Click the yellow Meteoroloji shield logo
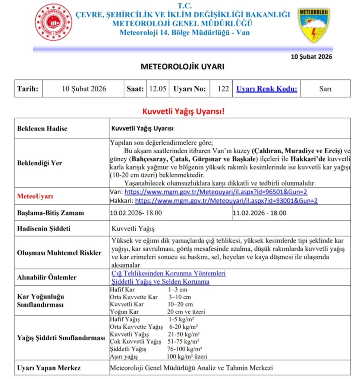tap(314, 24)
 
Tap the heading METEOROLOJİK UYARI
tap(182, 67)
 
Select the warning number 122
tap(223, 89)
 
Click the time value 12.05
tap(158, 89)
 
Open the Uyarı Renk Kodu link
tap(266, 89)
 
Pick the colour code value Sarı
tap(325, 89)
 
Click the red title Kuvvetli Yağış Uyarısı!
tap(183, 111)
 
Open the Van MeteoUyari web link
tap(216, 192)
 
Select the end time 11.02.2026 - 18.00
tap(260, 213)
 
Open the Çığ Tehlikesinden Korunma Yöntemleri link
tap(168, 273)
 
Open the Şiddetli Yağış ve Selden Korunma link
tap(160, 282)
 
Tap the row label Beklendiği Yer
tap(40, 163)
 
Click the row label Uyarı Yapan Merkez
tap(49, 368)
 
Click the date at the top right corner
tap(311, 56)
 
